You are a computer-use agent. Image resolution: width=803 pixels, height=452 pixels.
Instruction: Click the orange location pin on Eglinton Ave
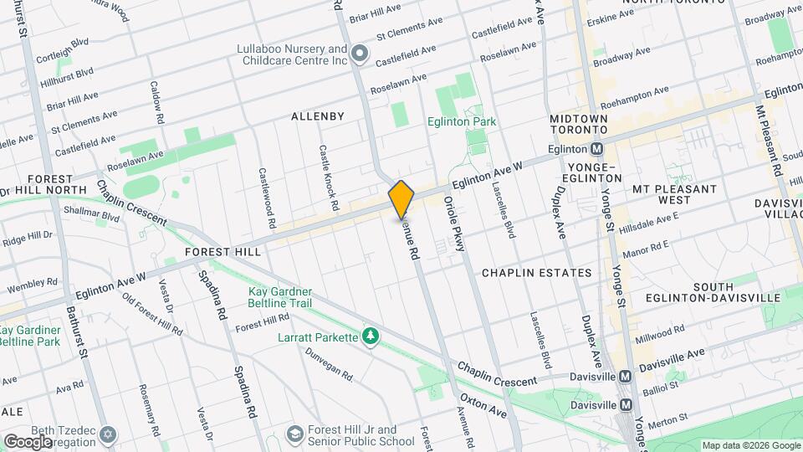[x=401, y=199]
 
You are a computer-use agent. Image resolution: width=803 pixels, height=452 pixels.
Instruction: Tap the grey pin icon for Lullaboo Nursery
[x=361, y=54]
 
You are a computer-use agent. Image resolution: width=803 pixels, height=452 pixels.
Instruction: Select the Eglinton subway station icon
[x=597, y=149]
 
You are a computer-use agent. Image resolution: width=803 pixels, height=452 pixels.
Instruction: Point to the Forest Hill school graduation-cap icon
[x=294, y=434]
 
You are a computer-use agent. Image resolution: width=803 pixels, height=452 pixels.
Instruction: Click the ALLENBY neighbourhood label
[x=317, y=116]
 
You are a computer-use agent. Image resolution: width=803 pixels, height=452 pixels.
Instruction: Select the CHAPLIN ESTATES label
[x=536, y=273]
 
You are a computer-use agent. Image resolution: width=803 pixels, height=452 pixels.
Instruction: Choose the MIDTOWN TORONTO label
[x=578, y=125]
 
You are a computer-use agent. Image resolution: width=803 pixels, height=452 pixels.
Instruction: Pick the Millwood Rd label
[x=660, y=331]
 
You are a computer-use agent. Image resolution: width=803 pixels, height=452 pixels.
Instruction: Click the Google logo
[x=28, y=441]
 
